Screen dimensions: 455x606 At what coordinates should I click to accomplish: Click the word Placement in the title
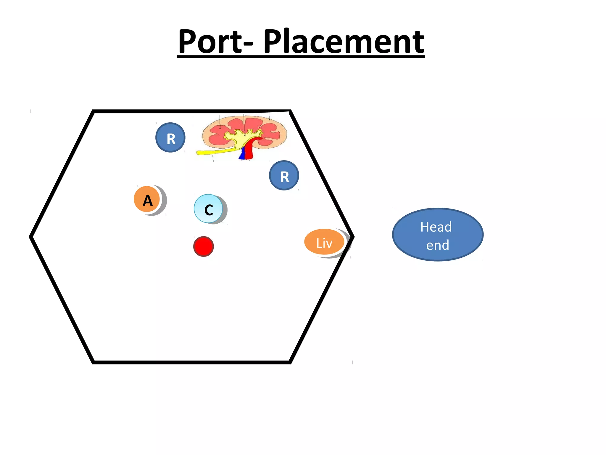click(344, 42)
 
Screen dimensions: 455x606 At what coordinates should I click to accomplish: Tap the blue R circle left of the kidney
click(170, 138)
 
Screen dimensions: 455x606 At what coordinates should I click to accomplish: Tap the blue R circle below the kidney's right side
click(284, 176)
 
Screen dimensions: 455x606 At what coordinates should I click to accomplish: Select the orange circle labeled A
click(147, 199)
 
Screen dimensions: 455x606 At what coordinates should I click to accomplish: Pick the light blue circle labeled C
click(208, 209)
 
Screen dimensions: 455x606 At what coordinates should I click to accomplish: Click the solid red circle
click(204, 246)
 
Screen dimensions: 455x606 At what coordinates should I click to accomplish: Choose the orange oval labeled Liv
click(324, 242)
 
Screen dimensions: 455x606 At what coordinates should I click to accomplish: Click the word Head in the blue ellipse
click(436, 227)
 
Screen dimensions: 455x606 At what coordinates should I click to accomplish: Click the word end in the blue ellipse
click(438, 245)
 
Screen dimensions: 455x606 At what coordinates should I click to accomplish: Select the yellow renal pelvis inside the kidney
click(240, 137)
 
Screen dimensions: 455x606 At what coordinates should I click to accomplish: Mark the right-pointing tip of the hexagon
click(353, 237)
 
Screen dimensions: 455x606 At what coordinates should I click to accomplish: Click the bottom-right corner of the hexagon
click(290, 362)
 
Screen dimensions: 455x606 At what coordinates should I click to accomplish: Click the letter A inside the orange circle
click(148, 201)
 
